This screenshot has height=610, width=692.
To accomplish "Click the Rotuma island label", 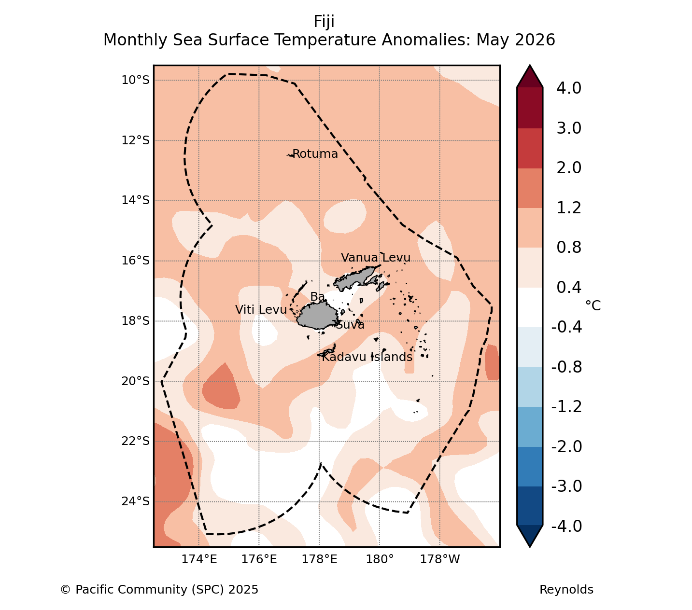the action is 315,154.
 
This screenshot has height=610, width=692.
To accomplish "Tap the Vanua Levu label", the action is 375,257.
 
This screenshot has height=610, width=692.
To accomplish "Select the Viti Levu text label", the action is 261,310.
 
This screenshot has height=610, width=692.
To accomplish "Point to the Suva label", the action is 350,325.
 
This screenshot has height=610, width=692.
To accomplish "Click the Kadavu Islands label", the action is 367,357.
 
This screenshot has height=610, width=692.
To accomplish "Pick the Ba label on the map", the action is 317,297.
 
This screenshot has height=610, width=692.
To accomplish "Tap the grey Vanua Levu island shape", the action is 357,277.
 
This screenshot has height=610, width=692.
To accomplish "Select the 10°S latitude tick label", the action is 136,80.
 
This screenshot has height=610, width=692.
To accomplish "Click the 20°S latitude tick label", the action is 136,381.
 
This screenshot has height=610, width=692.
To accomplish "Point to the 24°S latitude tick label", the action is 136,501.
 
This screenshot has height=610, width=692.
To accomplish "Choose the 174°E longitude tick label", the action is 199,559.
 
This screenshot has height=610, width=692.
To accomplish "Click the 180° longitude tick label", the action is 380,559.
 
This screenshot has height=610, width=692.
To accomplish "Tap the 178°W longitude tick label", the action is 440,559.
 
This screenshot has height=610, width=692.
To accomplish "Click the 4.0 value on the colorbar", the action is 569,88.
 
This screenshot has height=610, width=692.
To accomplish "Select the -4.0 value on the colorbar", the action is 566,526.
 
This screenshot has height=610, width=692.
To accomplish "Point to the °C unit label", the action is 593,305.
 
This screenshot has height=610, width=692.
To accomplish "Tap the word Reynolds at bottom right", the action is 566,590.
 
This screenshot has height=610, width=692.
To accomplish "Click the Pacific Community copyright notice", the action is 159,590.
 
